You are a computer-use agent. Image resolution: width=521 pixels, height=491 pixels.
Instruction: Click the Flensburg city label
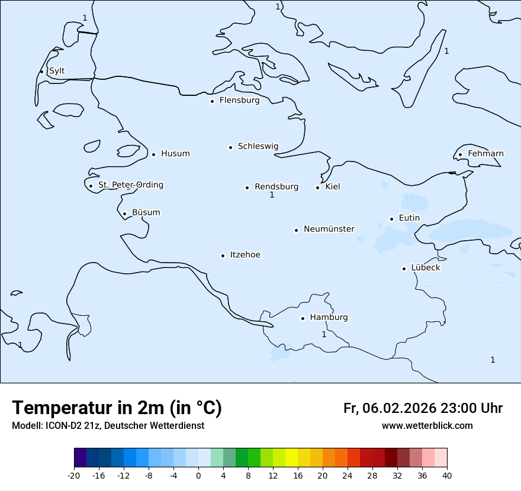tap(239, 101)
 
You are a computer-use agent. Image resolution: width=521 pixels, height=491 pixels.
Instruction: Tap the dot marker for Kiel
tap(317, 188)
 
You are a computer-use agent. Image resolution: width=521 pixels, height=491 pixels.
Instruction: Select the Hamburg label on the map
tap(329, 318)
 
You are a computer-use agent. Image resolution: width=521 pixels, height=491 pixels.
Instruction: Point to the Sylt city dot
tap(41, 72)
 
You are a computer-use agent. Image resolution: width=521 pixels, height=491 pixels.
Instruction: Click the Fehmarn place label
tap(485, 154)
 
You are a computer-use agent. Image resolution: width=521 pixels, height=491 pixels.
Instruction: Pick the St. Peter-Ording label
tap(130, 185)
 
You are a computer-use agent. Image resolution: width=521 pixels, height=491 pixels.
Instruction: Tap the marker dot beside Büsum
tap(124, 214)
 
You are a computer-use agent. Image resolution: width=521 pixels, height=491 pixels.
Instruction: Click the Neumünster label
tap(329, 229)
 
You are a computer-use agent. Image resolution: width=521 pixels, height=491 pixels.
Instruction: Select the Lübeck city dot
tap(404, 269)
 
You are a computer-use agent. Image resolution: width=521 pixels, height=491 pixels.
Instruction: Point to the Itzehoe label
tap(245, 255)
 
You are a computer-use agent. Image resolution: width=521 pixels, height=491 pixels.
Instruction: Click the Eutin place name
tap(409, 218)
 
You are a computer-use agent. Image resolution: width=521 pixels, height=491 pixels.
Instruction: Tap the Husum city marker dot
tap(153, 154)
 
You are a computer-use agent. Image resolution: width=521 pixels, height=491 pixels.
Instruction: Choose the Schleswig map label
tap(258, 147)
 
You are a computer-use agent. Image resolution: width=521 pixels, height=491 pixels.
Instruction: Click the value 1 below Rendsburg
tap(272, 195)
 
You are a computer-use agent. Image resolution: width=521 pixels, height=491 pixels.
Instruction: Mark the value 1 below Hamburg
tap(324, 335)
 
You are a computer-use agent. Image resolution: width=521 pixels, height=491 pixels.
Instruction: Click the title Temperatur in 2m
tap(117, 408)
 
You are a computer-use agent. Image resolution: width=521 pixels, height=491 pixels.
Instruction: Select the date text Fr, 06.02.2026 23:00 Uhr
tap(423, 408)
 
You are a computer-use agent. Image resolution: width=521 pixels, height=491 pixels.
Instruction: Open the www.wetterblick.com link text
tap(427, 426)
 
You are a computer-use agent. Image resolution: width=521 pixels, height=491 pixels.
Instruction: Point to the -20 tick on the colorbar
tap(74, 475)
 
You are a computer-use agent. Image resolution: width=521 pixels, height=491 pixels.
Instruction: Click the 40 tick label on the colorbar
tap(447, 475)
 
